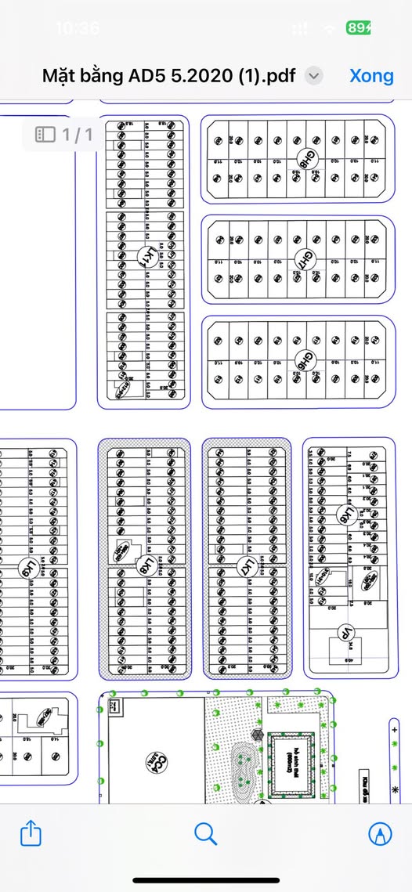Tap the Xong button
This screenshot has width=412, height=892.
click(x=371, y=76)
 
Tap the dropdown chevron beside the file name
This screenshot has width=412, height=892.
click(x=313, y=76)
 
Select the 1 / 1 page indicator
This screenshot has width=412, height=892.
click(x=64, y=135)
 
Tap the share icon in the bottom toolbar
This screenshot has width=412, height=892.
click(x=30, y=833)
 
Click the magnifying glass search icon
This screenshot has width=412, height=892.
click(x=205, y=833)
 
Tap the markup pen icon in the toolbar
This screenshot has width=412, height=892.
click(x=381, y=833)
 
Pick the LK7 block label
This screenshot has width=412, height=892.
click(x=246, y=565)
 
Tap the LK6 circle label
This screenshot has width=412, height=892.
click(x=343, y=514)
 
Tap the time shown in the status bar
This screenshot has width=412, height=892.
click(x=78, y=28)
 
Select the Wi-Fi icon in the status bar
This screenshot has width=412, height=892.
click(x=331, y=28)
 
